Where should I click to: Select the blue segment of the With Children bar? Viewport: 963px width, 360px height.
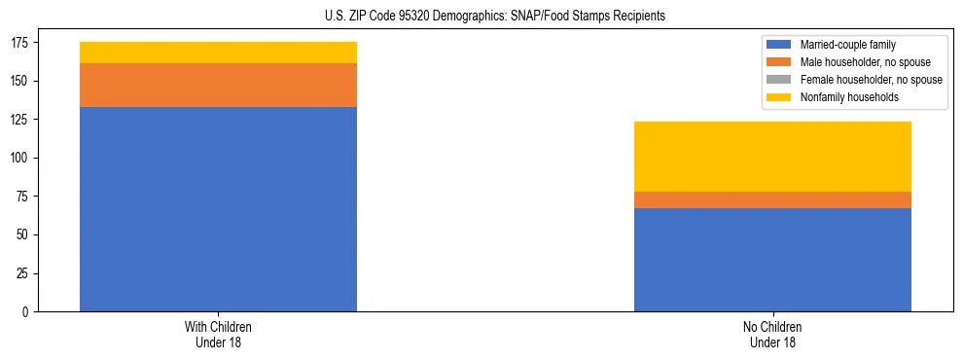click(218, 209)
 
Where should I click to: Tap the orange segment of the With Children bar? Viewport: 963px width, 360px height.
click(218, 86)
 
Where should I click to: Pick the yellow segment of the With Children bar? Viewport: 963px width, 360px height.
click(218, 53)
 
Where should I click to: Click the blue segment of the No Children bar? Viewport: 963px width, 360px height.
click(772, 260)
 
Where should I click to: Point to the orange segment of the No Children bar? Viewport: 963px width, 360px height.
click(772, 199)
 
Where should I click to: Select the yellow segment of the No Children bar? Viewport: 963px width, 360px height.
click(772, 157)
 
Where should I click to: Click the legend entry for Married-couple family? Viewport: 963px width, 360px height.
click(847, 45)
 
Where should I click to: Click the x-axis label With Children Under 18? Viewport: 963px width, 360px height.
click(218, 334)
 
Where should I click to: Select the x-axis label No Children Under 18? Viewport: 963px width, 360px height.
click(772, 334)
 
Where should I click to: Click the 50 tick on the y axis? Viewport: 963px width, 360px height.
click(23, 235)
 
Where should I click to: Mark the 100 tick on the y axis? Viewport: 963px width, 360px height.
click(20, 158)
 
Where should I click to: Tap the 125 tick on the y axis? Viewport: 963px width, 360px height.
click(20, 120)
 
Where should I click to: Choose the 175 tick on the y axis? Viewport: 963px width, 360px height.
click(20, 43)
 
